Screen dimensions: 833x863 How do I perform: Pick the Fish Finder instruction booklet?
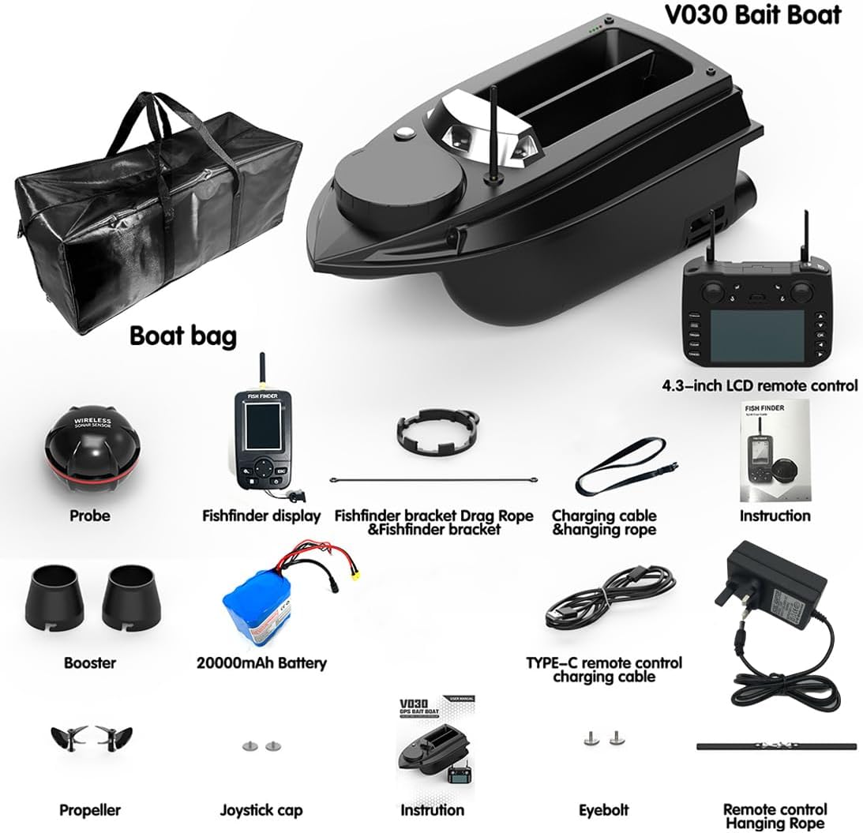pos(775,450)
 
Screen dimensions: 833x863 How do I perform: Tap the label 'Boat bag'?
pos(182,336)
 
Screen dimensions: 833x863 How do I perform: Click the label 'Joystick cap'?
pos(261,810)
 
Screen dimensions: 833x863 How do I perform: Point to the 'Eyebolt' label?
pos(603,810)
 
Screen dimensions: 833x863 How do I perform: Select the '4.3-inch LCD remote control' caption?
pos(759,386)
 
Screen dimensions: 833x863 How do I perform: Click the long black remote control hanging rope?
pos(775,746)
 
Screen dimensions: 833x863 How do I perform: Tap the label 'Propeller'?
pos(90,810)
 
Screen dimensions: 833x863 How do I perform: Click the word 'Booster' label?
pos(90,663)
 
